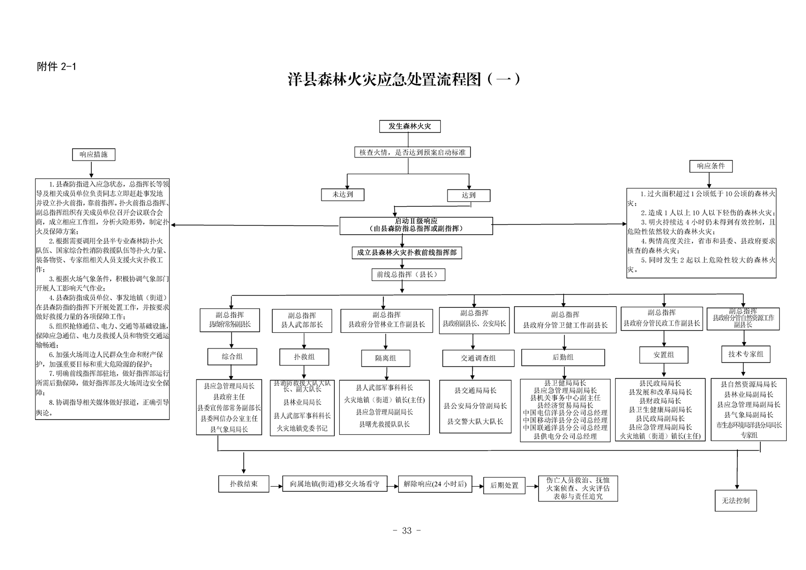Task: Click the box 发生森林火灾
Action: pos(409,126)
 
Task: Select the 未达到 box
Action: pos(342,195)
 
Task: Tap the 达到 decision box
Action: pos(468,195)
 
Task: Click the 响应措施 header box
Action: pos(93,154)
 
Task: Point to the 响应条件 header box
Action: pos(711,166)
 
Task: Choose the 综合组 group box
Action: pos(232,357)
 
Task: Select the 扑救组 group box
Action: pos(304,357)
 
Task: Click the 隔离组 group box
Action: pos(385,358)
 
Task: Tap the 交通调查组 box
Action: pos(478,358)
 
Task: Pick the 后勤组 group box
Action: pos(563,358)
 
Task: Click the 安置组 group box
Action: pos(663,355)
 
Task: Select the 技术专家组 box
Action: pos(746,354)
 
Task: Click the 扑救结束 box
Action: pos(244,484)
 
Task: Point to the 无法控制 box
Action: pos(735,500)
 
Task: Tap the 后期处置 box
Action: pos(504,486)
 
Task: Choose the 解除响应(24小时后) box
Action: pos(435,484)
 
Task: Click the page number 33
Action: pos(407,531)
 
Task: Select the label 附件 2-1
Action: pos(56,67)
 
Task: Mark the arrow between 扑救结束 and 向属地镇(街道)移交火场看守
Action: pos(276,486)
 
